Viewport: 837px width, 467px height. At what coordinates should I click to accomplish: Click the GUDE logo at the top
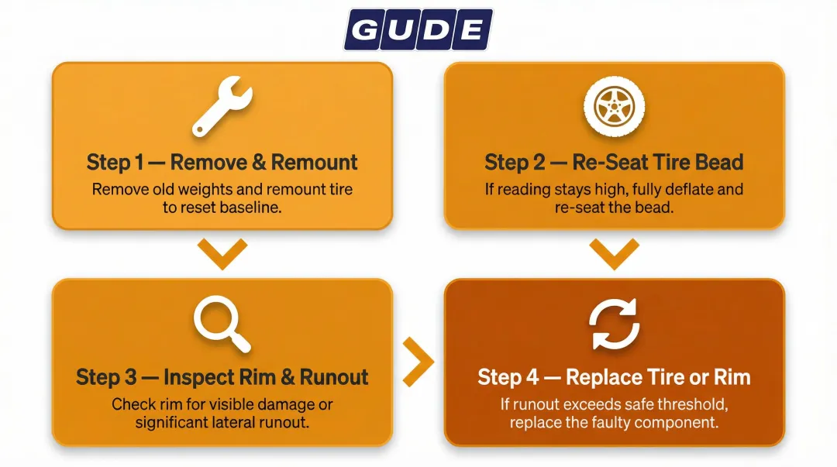tap(418, 30)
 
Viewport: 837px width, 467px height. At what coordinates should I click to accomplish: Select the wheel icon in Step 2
tap(614, 108)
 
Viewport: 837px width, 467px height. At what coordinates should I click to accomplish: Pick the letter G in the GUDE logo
tap(364, 30)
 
